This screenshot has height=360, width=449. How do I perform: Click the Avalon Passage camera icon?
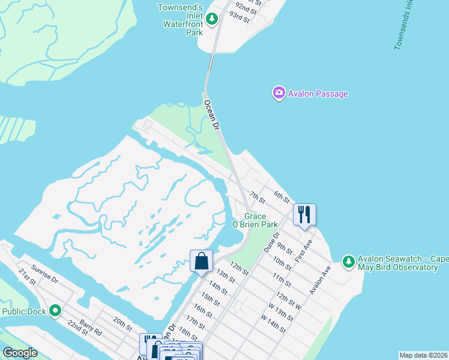pos(279,93)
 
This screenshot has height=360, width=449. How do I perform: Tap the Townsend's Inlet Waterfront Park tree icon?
pos(211,19)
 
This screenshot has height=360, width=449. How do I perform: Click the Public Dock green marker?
pos(55,311)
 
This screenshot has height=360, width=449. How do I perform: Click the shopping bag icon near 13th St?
pos(201,261)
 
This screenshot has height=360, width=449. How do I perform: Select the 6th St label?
pos(282,196)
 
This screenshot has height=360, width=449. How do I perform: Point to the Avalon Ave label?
pos(320,280)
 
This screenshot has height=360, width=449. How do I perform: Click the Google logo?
pos(20,353)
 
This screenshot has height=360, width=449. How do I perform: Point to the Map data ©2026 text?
pos(423,355)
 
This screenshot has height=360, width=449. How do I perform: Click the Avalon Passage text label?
pos(318,94)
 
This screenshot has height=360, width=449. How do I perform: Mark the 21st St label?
pos(27,277)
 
